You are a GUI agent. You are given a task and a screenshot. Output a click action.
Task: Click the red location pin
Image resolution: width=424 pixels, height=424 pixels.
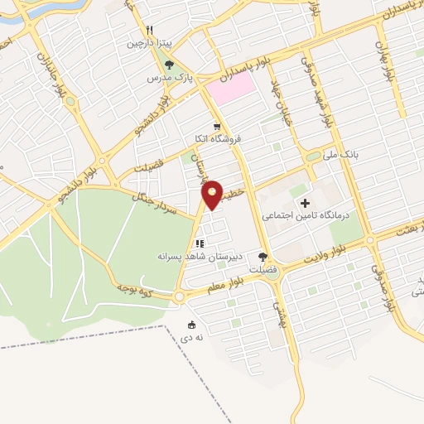(x=213, y=193)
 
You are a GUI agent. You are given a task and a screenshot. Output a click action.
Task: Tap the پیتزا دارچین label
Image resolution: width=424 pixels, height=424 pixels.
(x=146, y=43)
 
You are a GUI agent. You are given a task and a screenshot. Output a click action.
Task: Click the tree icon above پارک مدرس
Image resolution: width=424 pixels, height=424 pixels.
(x=169, y=65)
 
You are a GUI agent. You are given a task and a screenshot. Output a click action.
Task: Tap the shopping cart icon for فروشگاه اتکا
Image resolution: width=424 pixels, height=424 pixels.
(x=217, y=127)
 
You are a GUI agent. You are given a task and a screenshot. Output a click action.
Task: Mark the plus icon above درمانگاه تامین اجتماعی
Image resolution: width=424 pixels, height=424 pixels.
(x=306, y=203)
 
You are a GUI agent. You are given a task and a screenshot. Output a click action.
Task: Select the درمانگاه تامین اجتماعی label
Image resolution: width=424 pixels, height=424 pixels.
(x=306, y=215)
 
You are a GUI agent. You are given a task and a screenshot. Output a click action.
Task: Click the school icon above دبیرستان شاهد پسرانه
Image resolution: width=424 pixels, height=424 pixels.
(x=198, y=243)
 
